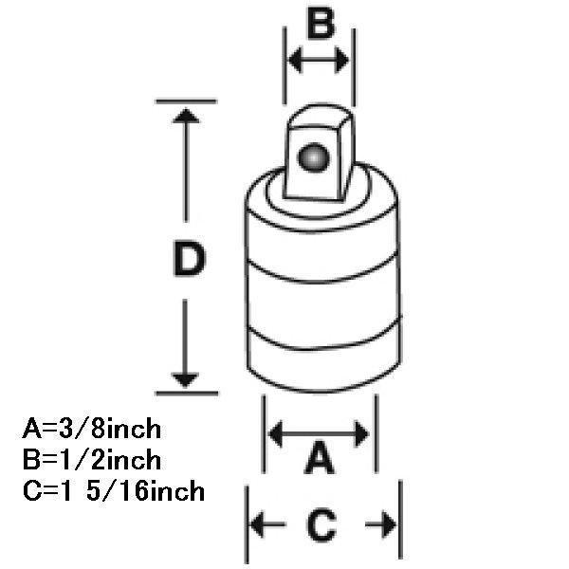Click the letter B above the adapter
[321, 23]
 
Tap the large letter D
[190, 260]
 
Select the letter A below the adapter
[320, 462]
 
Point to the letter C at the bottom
[321, 524]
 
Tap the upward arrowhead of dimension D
[187, 118]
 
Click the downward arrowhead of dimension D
[187, 377]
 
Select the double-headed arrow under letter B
[319, 61]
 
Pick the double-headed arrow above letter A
[320, 434]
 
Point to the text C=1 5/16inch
[111, 492]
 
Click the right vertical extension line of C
[402, 522]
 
